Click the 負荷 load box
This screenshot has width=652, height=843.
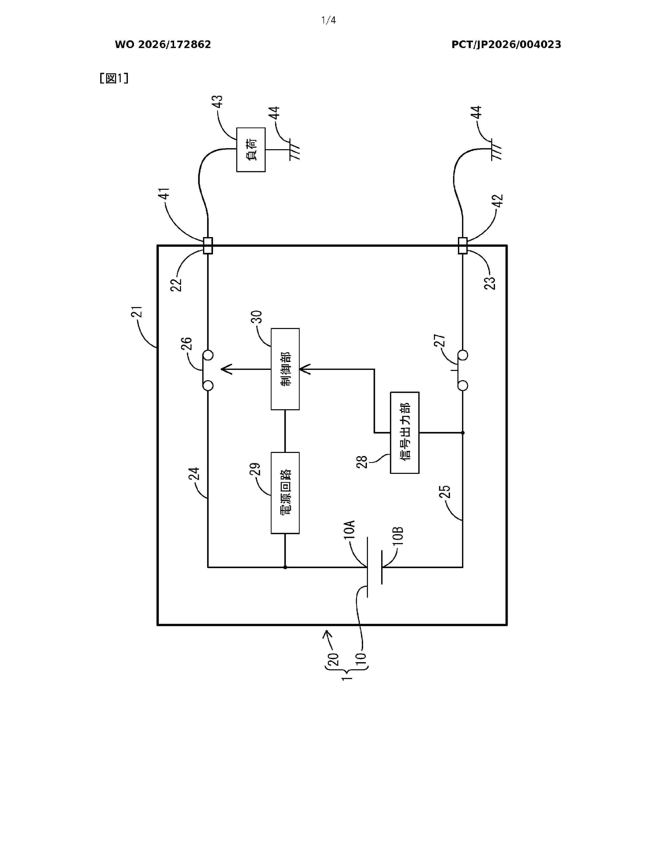(x=251, y=150)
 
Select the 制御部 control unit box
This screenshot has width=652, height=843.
(x=285, y=369)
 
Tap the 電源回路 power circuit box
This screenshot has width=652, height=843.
(x=285, y=493)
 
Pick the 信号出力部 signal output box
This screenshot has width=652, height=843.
(x=404, y=433)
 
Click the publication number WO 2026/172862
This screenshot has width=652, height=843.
(x=163, y=45)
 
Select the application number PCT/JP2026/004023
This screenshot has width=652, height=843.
(x=506, y=45)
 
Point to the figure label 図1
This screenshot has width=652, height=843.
(x=114, y=78)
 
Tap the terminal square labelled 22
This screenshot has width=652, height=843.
(x=208, y=245)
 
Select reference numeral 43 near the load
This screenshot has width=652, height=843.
(x=218, y=101)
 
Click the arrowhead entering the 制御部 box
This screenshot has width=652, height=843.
(x=305, y=369)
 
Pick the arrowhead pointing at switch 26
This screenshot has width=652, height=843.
(x=226, y=369)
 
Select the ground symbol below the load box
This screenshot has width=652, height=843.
(x=294, y=150)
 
